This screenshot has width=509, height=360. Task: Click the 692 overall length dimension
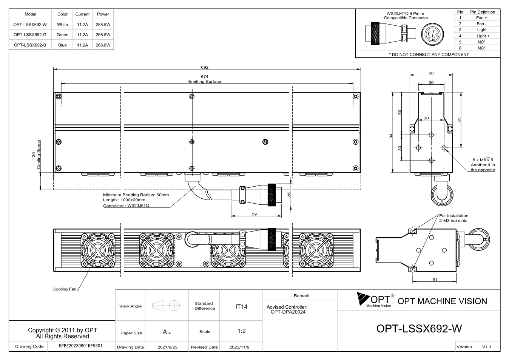coord(205,67)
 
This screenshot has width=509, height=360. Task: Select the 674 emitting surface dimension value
coord(205,77)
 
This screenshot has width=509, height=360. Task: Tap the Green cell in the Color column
coord(62,35)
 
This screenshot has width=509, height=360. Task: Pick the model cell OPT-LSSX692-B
coord(30,45)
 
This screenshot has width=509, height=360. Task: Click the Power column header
coord(103,14)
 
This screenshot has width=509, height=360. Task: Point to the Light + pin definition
coord(483,36)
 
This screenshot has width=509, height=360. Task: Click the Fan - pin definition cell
coord(481,24)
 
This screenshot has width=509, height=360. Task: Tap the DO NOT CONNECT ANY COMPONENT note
coord(429,54)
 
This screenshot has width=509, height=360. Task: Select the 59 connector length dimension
coord(254,214)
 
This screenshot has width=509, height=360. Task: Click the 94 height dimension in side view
coord(391,136)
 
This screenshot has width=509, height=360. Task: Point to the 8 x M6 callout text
coord(483,160)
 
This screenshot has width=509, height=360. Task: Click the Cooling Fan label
coord(65,289)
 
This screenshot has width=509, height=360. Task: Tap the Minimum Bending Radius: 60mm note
coord(136,195)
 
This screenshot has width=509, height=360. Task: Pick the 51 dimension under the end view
coord(435,280)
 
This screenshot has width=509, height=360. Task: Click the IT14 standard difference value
coord(241,307)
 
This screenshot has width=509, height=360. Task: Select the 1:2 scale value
coord(241,331)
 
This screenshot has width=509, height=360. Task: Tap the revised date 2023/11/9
coord(239,347)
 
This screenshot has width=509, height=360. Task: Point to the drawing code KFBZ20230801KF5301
coord(80,346)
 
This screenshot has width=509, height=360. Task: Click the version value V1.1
coord(486,347)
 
